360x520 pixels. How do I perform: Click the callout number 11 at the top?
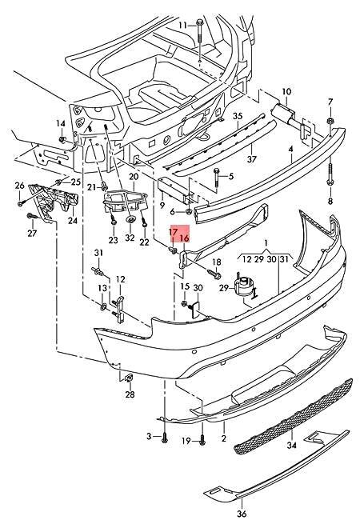click(182, 25)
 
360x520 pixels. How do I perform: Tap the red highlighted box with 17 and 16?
click(178, 234)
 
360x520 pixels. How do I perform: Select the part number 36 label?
click(242, 503)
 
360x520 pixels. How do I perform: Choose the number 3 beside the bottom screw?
click(149, 435)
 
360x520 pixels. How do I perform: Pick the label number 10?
click(286, 92)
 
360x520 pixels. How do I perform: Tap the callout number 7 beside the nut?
click(330, 101)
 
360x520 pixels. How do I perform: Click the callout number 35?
click(237, 117)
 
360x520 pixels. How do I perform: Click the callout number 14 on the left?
click(59, 122)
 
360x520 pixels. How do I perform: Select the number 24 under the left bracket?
click(72, 221)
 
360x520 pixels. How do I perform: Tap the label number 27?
click(32, 234)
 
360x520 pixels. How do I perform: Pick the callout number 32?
click(130, 238)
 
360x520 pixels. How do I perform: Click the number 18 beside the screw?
click(215, 262)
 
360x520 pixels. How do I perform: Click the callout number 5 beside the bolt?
click(230, 176)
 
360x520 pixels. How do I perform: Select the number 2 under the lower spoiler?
click(224, 439)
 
